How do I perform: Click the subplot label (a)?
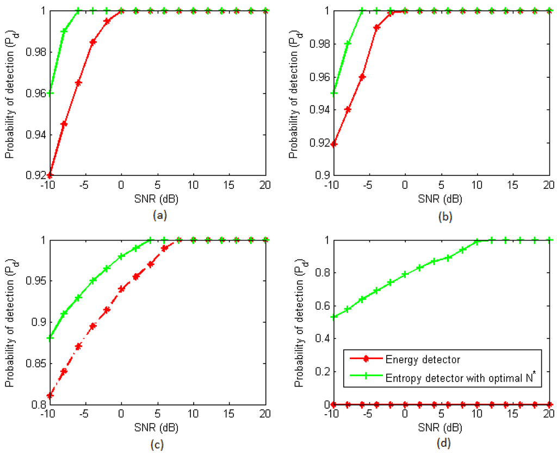158,216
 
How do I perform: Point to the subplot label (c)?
158,444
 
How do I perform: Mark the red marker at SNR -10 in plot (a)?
50,175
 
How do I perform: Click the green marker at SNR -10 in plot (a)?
50,93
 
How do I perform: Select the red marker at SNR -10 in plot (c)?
50,396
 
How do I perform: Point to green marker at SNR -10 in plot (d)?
333,317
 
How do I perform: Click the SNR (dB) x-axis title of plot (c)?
158,427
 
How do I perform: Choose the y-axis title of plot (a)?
10,93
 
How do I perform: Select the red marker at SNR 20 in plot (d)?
549,404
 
